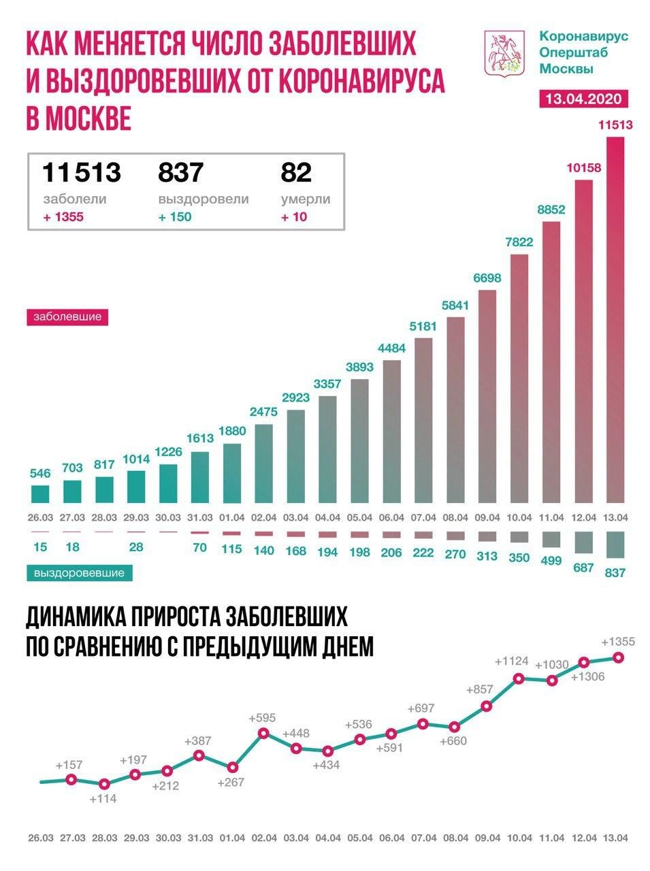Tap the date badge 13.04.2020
point(582,99)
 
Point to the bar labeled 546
point(40,493)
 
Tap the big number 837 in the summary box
point(180,171)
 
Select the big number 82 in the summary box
point(296,171)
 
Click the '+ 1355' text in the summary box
point(63,217)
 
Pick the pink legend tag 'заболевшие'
point(67,316)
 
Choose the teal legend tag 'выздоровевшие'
point(80,573)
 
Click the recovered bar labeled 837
point(615,544)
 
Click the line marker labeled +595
point(263,733)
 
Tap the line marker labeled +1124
point(519,678)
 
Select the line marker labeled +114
point(103,784)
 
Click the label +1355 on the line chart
point(618,642)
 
